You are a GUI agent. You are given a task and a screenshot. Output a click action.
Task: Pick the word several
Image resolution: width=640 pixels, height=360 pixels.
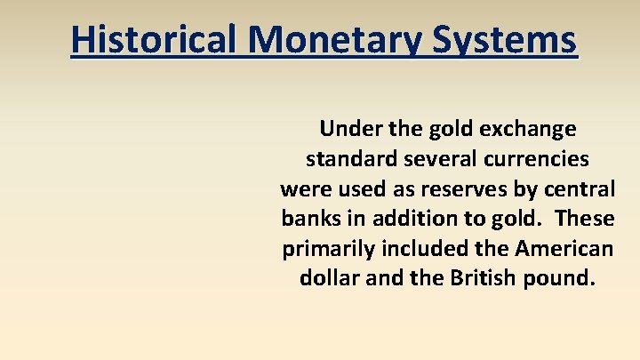[430, 159]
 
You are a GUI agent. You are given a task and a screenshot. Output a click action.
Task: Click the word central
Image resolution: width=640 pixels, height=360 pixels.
[579, 188]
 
